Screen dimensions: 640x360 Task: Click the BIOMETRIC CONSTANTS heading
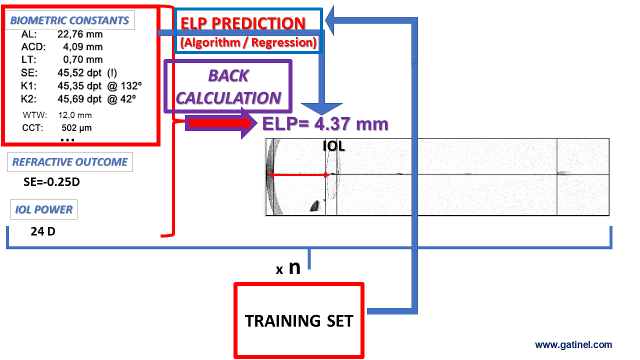[69, 20]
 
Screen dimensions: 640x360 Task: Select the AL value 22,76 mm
[80, 34]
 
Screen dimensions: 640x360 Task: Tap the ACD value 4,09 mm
[83, 47]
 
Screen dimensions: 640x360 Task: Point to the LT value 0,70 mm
[83, 59]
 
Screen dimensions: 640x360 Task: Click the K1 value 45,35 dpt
[79, 85]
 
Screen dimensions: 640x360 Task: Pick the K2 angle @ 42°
[121, 99]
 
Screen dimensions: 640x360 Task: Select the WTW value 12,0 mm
[75, 115]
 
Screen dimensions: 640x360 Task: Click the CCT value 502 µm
[76, 127]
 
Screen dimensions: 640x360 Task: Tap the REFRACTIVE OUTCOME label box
[70, 162]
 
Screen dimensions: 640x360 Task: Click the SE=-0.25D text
[51, 182]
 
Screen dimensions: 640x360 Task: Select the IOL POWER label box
[43, 209]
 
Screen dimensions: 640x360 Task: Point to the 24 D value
[43, 231]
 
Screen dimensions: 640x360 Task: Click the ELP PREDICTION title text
[243, 23]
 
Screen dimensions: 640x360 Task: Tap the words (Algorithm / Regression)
[248, 42]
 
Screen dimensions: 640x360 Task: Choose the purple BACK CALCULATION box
[228, 86]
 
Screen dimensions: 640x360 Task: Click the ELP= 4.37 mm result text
[325, 124]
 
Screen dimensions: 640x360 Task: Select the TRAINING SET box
[299, 320]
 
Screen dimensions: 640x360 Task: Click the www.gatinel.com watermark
[573, 345]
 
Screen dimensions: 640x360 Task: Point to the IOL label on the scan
[333, 146]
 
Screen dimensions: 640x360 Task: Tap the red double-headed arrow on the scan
[299, 175]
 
